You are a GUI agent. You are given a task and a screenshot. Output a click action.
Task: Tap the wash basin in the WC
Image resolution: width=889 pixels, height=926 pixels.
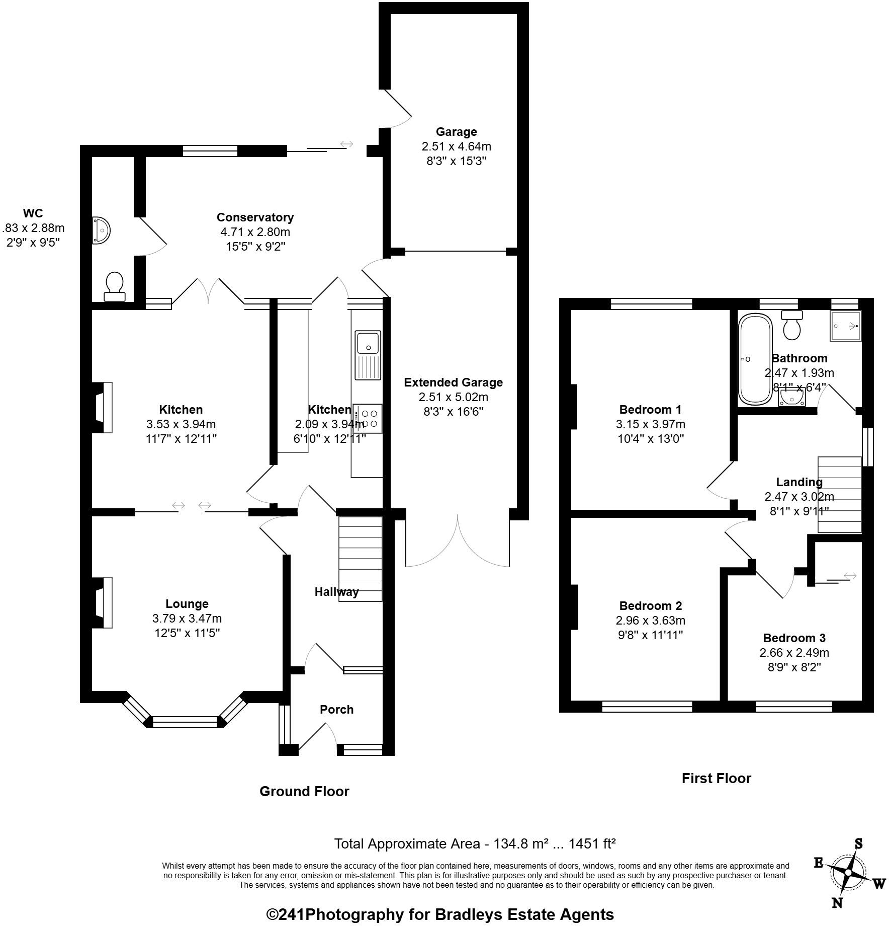click(101, 230)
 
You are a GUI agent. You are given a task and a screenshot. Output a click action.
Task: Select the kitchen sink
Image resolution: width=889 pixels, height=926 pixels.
click(368, 355)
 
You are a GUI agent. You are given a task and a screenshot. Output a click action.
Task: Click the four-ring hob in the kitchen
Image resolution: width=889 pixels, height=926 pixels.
click(368, 418)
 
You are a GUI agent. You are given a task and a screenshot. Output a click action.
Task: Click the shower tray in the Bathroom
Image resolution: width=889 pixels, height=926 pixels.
click(845, 326)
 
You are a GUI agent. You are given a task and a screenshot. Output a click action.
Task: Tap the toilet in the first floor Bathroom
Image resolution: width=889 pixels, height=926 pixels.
click(792, 325)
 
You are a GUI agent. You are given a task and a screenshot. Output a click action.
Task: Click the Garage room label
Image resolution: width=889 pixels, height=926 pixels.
click(456, 132)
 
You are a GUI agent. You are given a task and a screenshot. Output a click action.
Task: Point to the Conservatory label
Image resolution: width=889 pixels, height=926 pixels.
click(255, 217)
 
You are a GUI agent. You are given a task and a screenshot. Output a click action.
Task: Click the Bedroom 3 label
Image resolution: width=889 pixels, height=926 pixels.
click(794, 638)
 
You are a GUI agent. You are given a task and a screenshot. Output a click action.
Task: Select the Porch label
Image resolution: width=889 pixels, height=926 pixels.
click(336, 710)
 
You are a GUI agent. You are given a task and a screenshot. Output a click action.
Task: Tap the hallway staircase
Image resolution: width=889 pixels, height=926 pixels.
click(360, 559)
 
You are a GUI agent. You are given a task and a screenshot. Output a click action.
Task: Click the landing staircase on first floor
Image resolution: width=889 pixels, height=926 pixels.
click(839, 494)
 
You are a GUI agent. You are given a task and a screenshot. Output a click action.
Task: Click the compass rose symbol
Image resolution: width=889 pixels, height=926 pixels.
click(849, 872)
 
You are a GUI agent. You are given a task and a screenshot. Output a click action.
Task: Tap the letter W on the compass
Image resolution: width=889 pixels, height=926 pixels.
click(879, 884)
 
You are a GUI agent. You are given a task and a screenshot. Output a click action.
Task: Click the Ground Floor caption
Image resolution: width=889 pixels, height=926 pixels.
click(304, 791)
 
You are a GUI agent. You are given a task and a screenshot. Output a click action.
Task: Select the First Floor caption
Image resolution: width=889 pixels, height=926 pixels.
click(716, 778)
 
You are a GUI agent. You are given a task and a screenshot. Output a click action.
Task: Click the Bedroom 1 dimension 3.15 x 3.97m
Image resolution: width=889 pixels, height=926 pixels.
click(650, 424)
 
